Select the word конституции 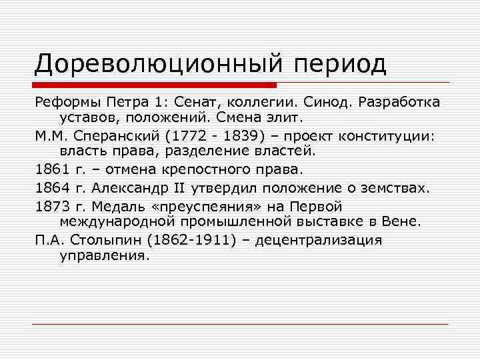click(387, 137)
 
